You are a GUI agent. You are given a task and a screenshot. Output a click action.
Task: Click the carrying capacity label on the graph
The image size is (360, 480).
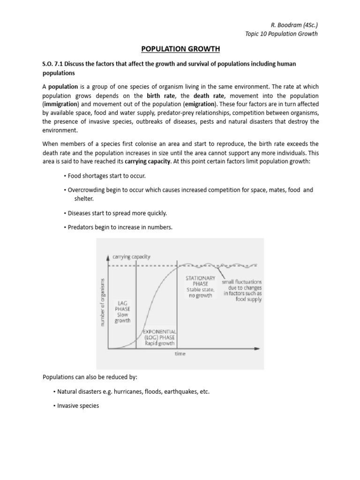[131, 256]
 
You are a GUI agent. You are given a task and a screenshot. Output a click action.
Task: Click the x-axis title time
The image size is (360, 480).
[180, 354]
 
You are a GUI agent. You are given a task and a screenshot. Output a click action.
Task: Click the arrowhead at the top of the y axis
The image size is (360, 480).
[109, 257]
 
